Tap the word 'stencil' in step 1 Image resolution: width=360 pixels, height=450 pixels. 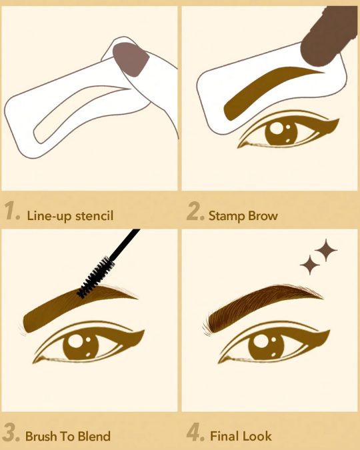click(94, 215)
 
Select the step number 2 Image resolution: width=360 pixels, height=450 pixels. click(195, 211)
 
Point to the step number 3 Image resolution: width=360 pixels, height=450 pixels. click(11, 432)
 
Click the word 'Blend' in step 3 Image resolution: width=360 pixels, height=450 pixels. click(94, 436)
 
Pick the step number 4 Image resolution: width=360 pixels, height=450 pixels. click(195, 432)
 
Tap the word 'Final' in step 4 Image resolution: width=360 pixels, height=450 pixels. click(223, 436)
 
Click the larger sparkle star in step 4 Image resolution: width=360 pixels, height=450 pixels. click(326, 250)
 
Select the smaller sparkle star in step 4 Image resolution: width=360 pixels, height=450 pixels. click(310, 265)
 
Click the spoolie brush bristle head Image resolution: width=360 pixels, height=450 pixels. click(97, 277)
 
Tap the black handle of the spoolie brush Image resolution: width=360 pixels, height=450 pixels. click(125, 244)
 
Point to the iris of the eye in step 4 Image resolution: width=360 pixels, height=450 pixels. click(266, 346)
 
